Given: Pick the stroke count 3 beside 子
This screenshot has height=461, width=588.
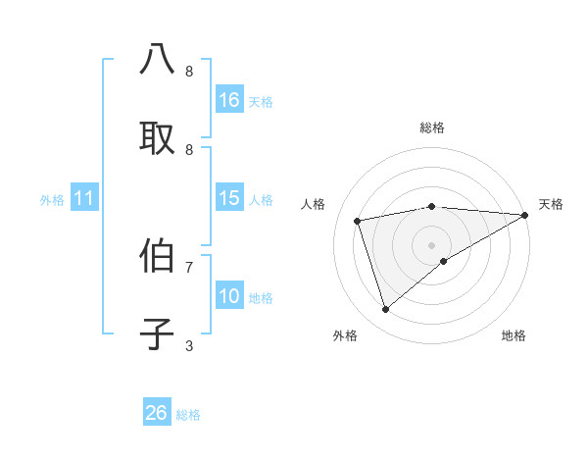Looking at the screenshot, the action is (x=189, y=345).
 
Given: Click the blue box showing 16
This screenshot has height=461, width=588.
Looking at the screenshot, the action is (x=229, y=100).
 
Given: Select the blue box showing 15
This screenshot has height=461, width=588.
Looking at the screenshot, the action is (x=229, y=198).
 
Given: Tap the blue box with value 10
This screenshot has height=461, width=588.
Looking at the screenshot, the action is (x=229, y=296).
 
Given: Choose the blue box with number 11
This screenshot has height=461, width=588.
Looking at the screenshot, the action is (x=84, y=198).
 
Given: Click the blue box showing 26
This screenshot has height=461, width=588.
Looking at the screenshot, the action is (x=157, y=413).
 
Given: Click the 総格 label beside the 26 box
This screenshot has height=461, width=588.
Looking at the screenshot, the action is (x=188, y=415).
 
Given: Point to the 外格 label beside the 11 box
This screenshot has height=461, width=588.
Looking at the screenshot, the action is (x=52, y=200).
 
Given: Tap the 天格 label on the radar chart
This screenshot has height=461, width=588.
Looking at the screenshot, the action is (x=551, y=204).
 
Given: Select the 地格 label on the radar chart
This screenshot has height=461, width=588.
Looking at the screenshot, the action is (x=514, y=336).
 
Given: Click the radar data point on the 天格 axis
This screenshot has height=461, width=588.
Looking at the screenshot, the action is (x=526, y=215).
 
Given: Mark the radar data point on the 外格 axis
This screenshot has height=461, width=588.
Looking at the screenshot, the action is (x=386, y=310).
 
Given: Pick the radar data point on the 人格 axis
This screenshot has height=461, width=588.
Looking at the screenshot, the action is (x=358, y=221).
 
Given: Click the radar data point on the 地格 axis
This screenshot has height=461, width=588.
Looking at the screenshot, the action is (x=444, y=261).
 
